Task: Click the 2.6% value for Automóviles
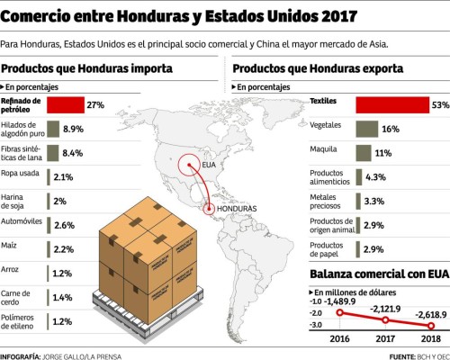point(64,225)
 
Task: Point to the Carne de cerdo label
point(18,296)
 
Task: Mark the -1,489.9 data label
point(345,301)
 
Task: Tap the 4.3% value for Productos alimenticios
point(375,177)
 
